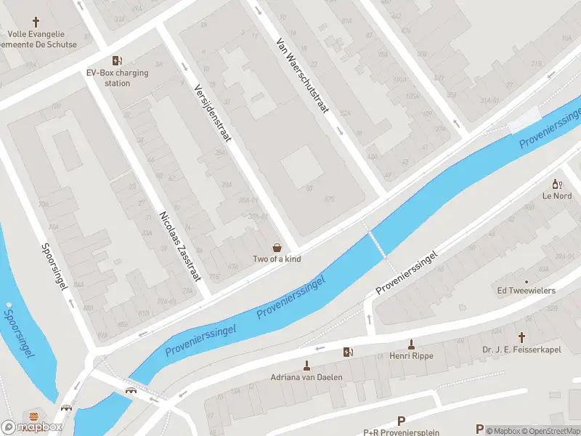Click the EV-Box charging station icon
(x=116, y=61)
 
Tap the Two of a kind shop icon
(x=277, y=248)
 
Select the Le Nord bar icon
(x=557, y=185)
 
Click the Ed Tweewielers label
(x=526, y=291)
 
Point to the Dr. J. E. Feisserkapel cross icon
(x=521, y=337)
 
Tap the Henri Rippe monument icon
(x=411, y=344)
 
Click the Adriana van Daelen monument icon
(x=306, y=366)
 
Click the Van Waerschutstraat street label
(x=302, y=76)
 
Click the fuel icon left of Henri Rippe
(x=348, y=352)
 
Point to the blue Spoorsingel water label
(x=20, y=334)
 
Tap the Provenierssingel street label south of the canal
(x=407, y=272)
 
